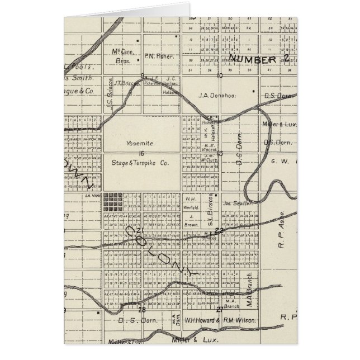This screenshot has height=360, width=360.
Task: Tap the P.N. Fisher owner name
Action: point(159,56)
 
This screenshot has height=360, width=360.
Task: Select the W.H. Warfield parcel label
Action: point(191,202)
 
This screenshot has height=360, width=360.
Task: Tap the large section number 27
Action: point(220,309)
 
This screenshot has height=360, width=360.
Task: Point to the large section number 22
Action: point(219,230)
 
